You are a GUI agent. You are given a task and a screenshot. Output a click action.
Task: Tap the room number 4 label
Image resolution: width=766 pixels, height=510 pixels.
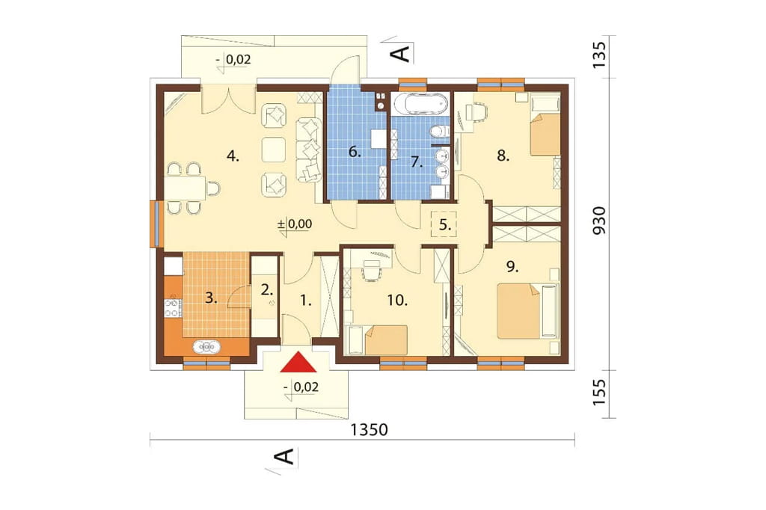[233, 157]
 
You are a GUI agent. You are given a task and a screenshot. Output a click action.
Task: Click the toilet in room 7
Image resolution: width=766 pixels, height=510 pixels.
[440, 130]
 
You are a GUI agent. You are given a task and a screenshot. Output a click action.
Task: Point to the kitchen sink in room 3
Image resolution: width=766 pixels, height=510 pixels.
[206, 347]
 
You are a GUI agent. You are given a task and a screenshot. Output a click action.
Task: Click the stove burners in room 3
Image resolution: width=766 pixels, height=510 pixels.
[173, 307]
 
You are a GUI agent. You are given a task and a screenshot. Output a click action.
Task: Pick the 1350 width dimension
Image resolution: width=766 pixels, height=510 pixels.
[369, 430]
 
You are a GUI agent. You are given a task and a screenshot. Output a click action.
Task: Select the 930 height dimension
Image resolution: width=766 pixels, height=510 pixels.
[599, 221]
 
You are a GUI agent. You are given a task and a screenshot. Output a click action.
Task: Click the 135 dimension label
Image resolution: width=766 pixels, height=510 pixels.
[599, 55]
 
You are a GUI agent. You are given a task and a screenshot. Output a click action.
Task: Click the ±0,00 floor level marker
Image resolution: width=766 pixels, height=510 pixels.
[295, 224]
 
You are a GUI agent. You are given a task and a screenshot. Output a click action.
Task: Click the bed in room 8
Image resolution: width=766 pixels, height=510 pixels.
[545, 125]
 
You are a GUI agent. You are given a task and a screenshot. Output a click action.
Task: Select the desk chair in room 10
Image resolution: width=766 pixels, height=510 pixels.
[371, 270]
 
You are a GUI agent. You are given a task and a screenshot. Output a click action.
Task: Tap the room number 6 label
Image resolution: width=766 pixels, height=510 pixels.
[355, 153]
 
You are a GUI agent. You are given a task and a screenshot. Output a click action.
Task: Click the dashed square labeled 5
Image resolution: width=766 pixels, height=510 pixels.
[444, 224]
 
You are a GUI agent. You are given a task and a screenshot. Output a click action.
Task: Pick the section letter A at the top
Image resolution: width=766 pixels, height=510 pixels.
[402, 52]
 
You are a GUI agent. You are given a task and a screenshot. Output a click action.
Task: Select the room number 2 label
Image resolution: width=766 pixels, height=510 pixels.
[266, 290]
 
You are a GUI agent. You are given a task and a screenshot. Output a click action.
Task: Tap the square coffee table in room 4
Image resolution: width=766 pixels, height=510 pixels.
[274, 149]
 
